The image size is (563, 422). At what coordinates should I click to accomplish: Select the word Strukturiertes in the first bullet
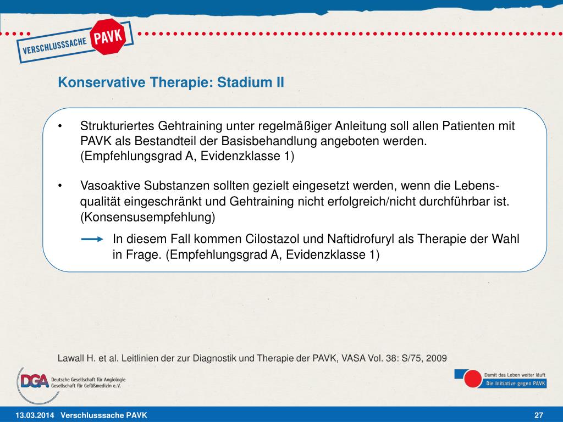[118, 126]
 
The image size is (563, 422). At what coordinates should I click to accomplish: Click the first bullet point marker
[62, 126]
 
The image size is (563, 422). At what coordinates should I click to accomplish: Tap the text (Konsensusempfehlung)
[148, 216]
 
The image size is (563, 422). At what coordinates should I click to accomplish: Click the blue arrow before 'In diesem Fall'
[92, 239]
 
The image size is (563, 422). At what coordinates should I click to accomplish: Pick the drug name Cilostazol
[269, 240]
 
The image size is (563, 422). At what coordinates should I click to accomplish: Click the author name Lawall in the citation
[71, 358]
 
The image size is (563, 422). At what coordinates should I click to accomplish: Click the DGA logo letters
[33, 380]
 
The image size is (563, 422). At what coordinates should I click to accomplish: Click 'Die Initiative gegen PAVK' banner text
[514, 384]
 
